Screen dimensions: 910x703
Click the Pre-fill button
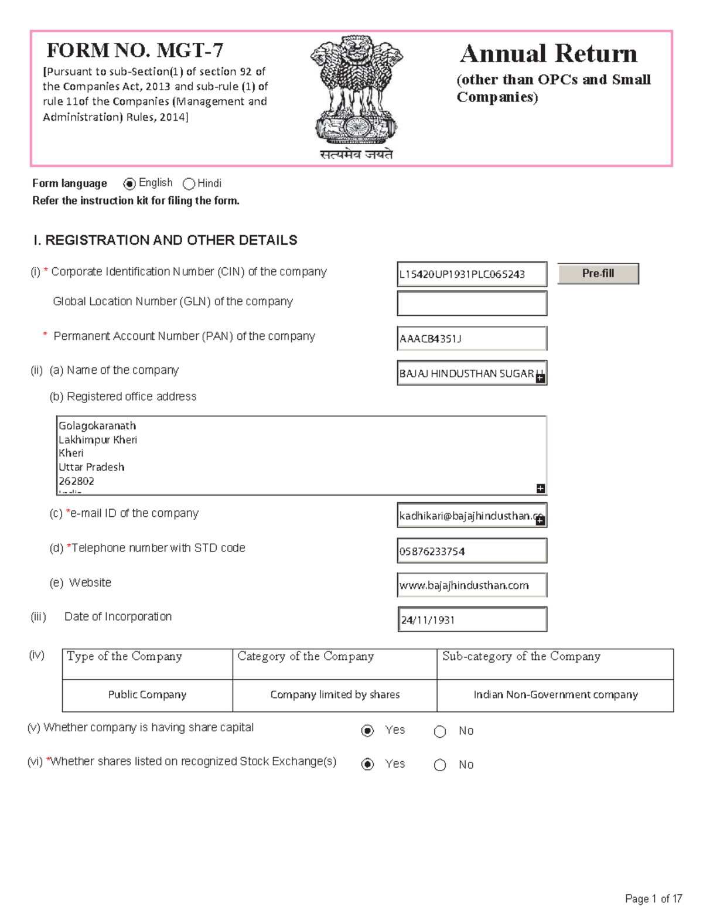pos(598,274)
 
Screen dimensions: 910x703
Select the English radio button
pos(129,184)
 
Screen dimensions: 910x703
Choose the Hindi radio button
pos(189,184)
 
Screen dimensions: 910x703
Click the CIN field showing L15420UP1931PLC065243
pos(472,274)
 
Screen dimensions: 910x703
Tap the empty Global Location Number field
pos(472,304)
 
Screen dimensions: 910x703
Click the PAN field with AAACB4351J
pos(472,339)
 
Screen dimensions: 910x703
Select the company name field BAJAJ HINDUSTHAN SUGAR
pos(467,373)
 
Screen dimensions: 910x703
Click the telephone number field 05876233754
pos(472,551)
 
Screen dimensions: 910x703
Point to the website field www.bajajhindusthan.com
pos(472,585)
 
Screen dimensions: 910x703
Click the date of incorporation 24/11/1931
pos(472,619)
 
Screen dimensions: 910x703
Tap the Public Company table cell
pos(147,695)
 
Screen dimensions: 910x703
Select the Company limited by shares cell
pos(335,695)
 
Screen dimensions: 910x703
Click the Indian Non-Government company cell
pos(555,695)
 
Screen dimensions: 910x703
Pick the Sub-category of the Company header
pos(521,657)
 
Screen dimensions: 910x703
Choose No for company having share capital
pos(440,731)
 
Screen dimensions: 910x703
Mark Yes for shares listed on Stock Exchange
pos(368,764)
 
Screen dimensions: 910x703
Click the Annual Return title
pos(548,54)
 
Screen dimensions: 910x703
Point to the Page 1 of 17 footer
pos(653,898)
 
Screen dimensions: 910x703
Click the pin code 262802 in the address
pos(77,481)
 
